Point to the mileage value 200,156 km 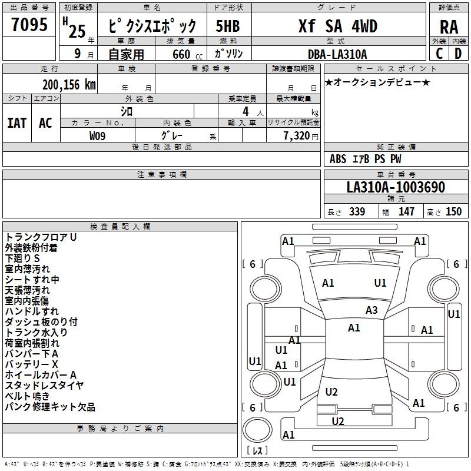click(x=69, y=85)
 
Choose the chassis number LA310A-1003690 click(x=395, y=187)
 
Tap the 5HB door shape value click(x=227, y=26)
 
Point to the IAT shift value click(x=16, y=123)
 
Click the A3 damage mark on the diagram click(x=372, y=310)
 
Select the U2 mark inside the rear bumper click(x=337, y=421)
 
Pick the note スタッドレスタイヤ click(x=45, y=386)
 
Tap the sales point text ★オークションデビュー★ click(x=377, y=82)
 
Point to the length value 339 click(x=357, y=212)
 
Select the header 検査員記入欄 click(x=120, y=226)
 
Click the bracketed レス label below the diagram click(x=257, y=451)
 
